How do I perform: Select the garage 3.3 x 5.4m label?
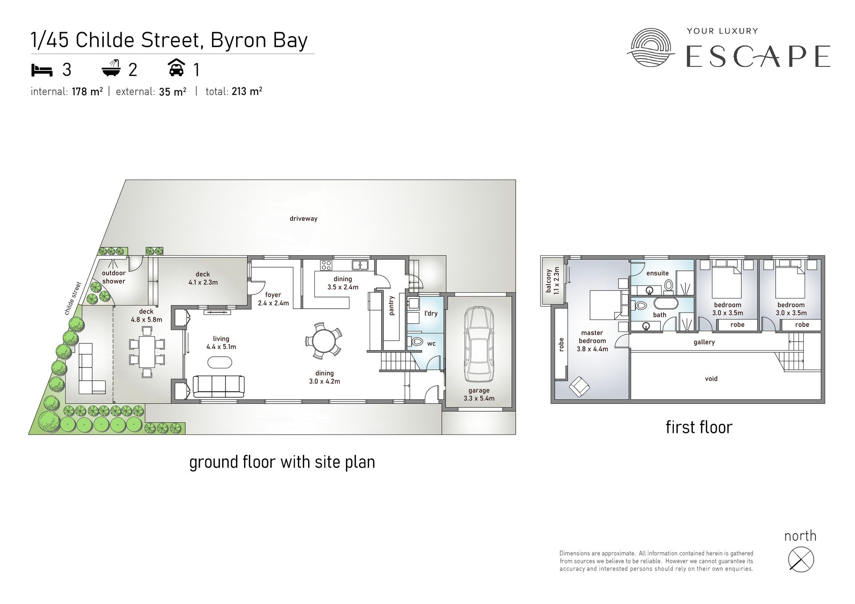(x=479, y=394)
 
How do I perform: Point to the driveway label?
(x=303, y=219)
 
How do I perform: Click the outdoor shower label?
(x=114, y=277)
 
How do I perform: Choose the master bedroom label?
(x=592, y=341)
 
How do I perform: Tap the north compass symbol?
(x=801, y=559)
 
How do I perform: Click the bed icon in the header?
(x=42, y=70)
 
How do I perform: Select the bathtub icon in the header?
(x=112, y=69)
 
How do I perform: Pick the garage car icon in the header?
(x=177, y=69)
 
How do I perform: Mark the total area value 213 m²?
(x=247, y=92)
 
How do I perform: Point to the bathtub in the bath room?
(x=666, y=304)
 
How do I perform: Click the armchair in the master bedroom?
(x=579, y=387)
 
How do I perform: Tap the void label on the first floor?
(x=711, y=379)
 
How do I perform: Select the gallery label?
(x=704, y=342)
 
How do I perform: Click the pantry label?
(x=392, y=306)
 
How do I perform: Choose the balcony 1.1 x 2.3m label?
(x=552, y=281)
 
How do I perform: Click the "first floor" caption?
(x=699, y=427)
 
